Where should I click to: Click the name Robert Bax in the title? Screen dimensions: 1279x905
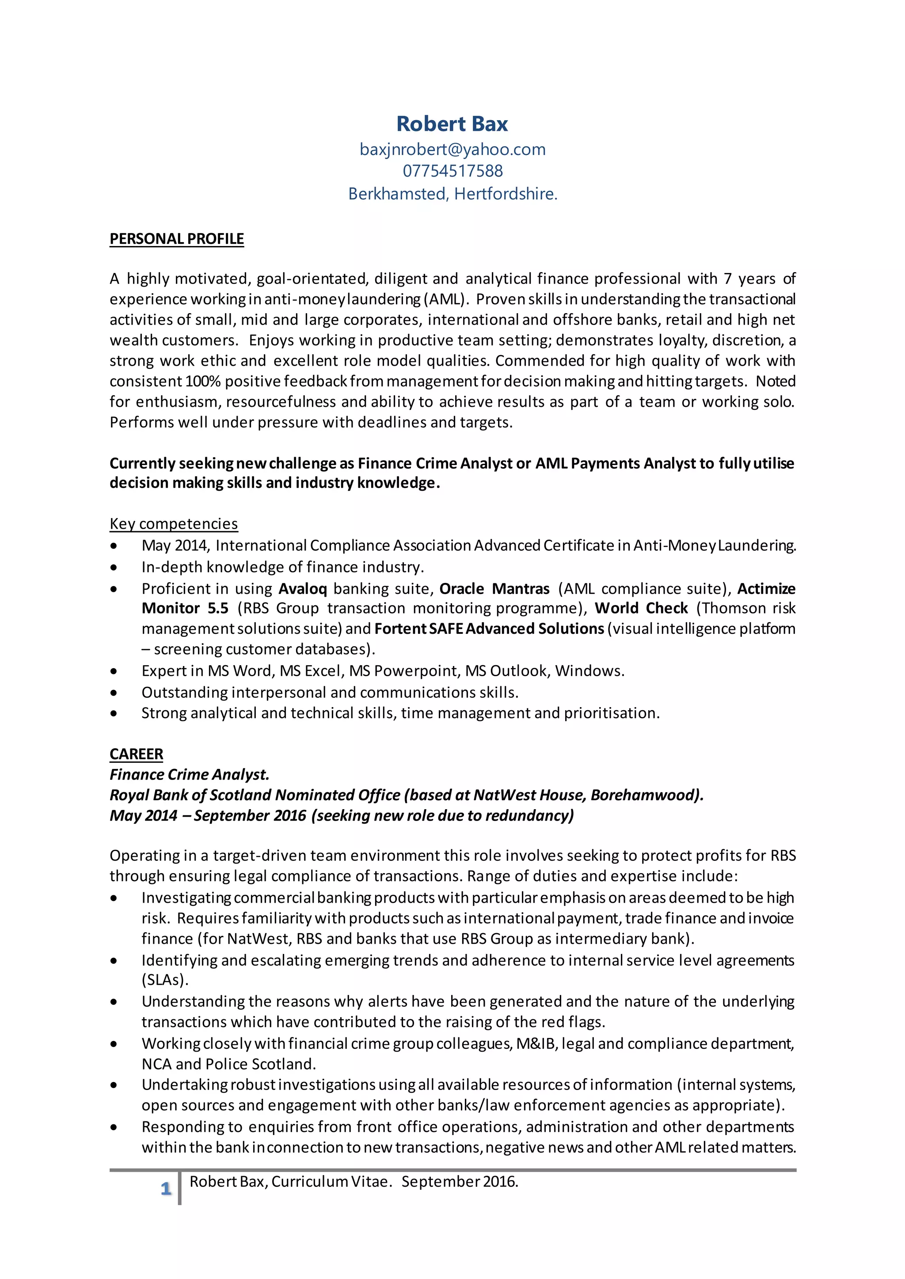(x=452, y=124)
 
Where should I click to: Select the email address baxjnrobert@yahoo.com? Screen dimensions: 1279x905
(x=452, y=149)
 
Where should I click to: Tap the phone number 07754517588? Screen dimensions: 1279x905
(x=452, y=171)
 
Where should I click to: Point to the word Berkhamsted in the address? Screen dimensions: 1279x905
(x=397, y=194)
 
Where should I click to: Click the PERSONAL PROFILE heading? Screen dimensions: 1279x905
(x=177, y=239)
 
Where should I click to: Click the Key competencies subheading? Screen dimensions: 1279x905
(x=173, y=524)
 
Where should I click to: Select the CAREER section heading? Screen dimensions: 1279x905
(x=136, y=754)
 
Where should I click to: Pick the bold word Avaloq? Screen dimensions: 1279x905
(x=303, y=589)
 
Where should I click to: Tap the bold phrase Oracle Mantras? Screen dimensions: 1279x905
(x=494, y=589)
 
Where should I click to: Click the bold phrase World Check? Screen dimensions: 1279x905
(x=641, y=608)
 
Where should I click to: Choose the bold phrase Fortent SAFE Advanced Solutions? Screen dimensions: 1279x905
(x=489, y=629)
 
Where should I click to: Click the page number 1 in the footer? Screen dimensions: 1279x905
(x=166, y=1189)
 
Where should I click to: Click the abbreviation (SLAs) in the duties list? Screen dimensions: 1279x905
(x=165, y=980)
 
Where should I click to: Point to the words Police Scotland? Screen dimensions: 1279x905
(x=260, y=1064)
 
